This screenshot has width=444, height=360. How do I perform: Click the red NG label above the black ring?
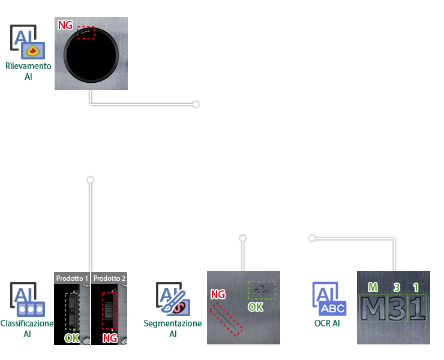point(65,25)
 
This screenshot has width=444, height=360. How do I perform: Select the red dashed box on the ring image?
point(86,32)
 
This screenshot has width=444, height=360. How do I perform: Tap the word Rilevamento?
point(28,66)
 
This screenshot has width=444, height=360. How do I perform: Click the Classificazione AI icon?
point(28,300)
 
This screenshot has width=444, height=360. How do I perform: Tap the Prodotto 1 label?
point(72,278)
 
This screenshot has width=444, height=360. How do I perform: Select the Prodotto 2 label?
point(109,278)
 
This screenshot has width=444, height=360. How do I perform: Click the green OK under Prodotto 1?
point(72,338)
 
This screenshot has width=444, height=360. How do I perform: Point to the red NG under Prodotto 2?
point(110,338)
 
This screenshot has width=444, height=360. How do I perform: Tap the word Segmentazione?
point(173,323)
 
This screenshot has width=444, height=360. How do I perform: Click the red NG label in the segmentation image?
point(218,295)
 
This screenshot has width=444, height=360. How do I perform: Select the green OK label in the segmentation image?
point(256,307)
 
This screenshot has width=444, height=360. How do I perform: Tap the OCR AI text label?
point(327,323)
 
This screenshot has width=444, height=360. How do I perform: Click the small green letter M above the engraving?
point(373,287)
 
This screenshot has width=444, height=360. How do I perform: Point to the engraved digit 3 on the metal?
point(397,308)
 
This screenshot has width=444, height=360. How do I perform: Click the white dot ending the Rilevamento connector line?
point(196,104)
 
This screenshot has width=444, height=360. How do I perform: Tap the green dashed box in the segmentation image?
point(262,290)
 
